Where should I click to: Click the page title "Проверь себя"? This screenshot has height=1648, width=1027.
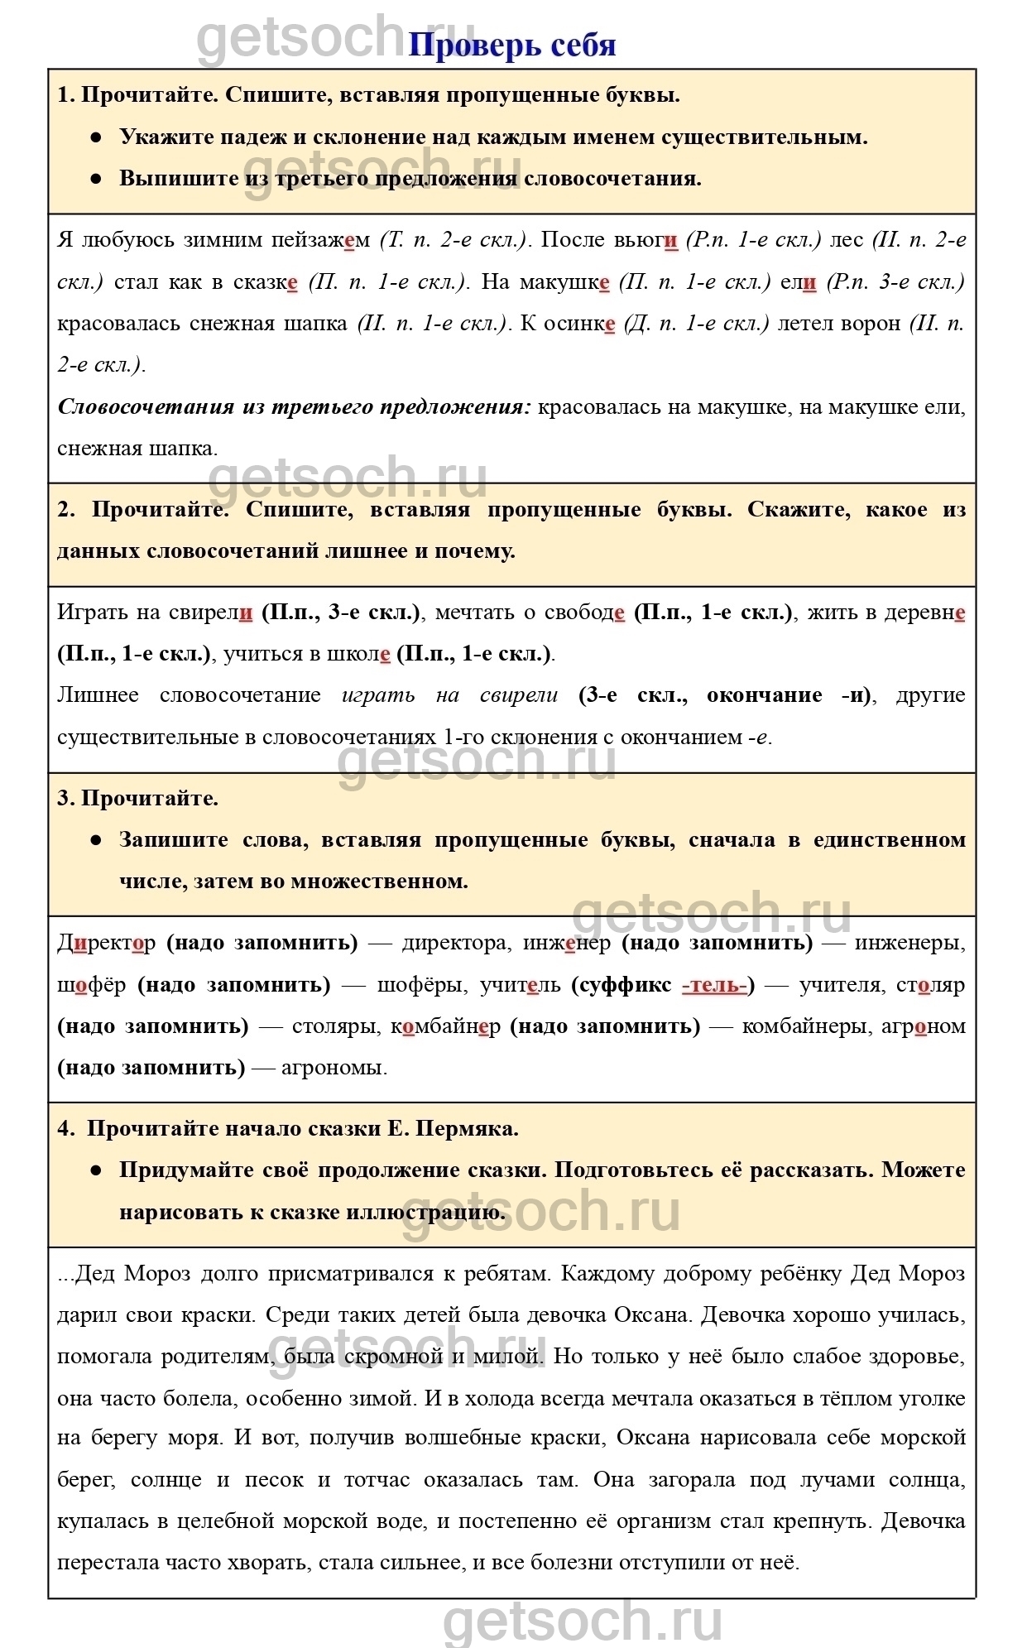coord(512,46)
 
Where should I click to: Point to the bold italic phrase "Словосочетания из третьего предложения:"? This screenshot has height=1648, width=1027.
coord(294,407)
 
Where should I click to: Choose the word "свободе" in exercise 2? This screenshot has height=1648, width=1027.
coord(587,613)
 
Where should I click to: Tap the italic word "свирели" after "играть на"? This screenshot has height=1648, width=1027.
coord(519,695)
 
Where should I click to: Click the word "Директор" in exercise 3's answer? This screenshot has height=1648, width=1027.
coord(106,943)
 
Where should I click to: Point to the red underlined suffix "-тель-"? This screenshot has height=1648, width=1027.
coord(715,985)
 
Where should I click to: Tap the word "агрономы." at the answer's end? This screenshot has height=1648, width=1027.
coord(334,1068)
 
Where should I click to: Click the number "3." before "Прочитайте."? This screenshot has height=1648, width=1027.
coord(66,799)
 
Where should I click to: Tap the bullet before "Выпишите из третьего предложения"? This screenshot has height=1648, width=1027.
coord(97,179)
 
